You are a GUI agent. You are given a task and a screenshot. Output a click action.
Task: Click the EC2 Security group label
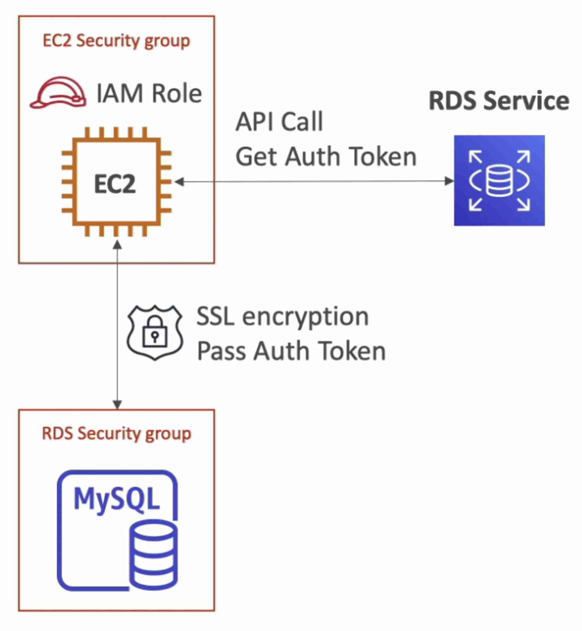click(x=116, y=41)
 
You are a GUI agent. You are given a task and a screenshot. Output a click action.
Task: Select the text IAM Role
click(x=149, y=94)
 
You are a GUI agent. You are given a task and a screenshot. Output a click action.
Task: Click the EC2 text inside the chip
click(x=115, y=184)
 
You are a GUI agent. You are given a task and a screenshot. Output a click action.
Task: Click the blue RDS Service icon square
click(x=499, y=180)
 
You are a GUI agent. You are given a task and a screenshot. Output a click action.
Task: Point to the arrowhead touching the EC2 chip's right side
click(x=179, y=181)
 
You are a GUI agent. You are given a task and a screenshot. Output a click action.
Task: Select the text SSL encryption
click(x=283, y=316)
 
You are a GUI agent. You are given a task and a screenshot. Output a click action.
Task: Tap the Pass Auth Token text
click(x=291, y=351)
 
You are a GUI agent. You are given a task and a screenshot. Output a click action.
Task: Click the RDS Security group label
click(x=116, y=433)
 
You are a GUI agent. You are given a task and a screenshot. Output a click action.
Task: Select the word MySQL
click(x=116, y=499)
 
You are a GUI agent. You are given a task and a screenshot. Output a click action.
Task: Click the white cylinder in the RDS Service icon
click(x=499, y=181)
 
